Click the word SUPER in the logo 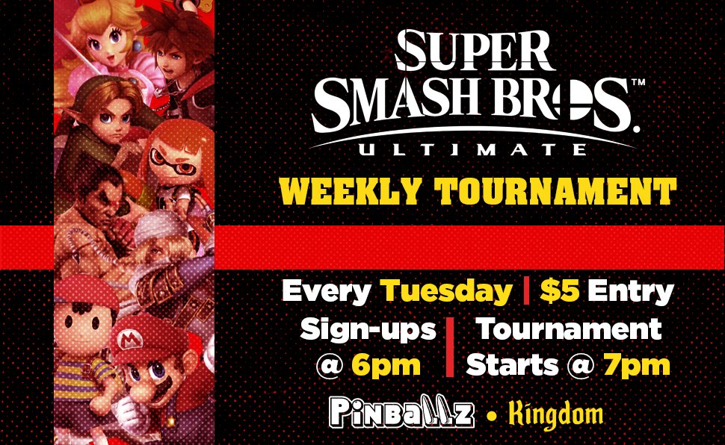pyautogui.click(x=475, y=50)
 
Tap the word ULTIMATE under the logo pyautogui.click(x=473, y=149)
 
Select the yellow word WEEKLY pyautogui.click(x=351, y=190)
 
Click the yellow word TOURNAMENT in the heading pyautogui.click(x=555, y=190)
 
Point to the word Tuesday pyautogui.click(x=446, y=292)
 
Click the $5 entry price pyautogui.click(x=560, y=291)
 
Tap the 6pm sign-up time pyautogui.click(x=386, y=366)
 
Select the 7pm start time pyautogui.click(x=637, y=365)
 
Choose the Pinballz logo pyautogui.click(x=401, y=412)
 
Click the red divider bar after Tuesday pyautogui.click(x=526, y=290)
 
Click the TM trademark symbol pyautogui.click(x=638, y=82)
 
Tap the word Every pyautogui.click(x=327, y=292)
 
